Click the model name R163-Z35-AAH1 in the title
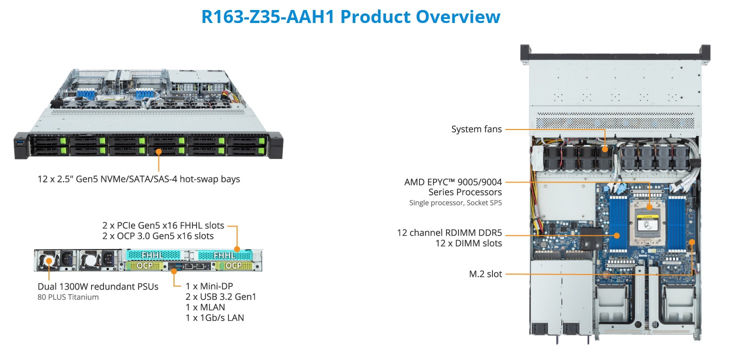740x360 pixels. point(268,16)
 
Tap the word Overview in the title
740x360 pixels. point(458,16)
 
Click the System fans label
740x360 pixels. point(476,129)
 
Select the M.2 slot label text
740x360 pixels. point(485,273)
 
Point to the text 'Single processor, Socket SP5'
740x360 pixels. point(455,202)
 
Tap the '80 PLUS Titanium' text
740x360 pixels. point(68,297)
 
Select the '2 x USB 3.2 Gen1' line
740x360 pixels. point(221,297)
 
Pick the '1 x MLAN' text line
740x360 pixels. point(205,307)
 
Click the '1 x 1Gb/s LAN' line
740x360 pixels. point(214,317)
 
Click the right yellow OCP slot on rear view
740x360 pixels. point(233,265)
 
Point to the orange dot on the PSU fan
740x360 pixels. point(49,261)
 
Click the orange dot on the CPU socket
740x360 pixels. point(649,207)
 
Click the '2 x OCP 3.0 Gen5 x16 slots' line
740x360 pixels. point(158,236)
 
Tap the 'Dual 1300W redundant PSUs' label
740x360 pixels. point(98,286)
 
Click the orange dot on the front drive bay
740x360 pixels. point(158,150)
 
